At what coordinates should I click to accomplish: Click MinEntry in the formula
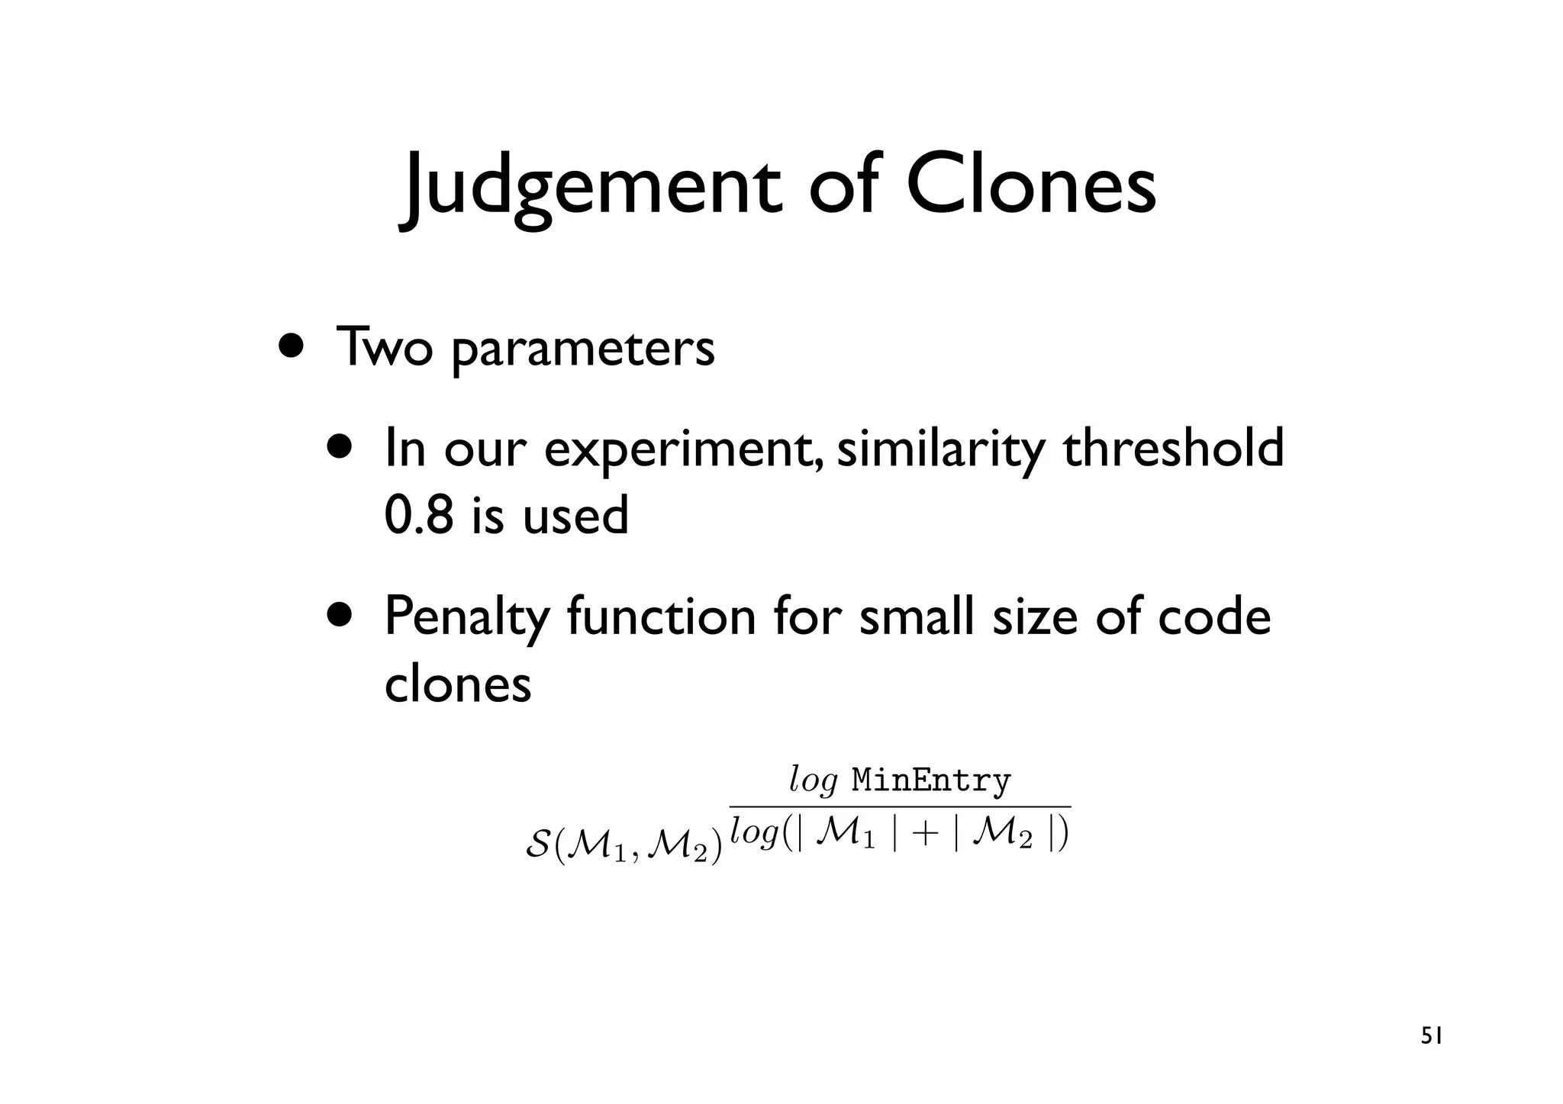pyautogui.click(x=931, y=781)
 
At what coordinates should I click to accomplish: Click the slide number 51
pyautogui.click(x=1432, y=1036)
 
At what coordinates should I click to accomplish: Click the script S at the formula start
pyautogui.click(x=538, y=845)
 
